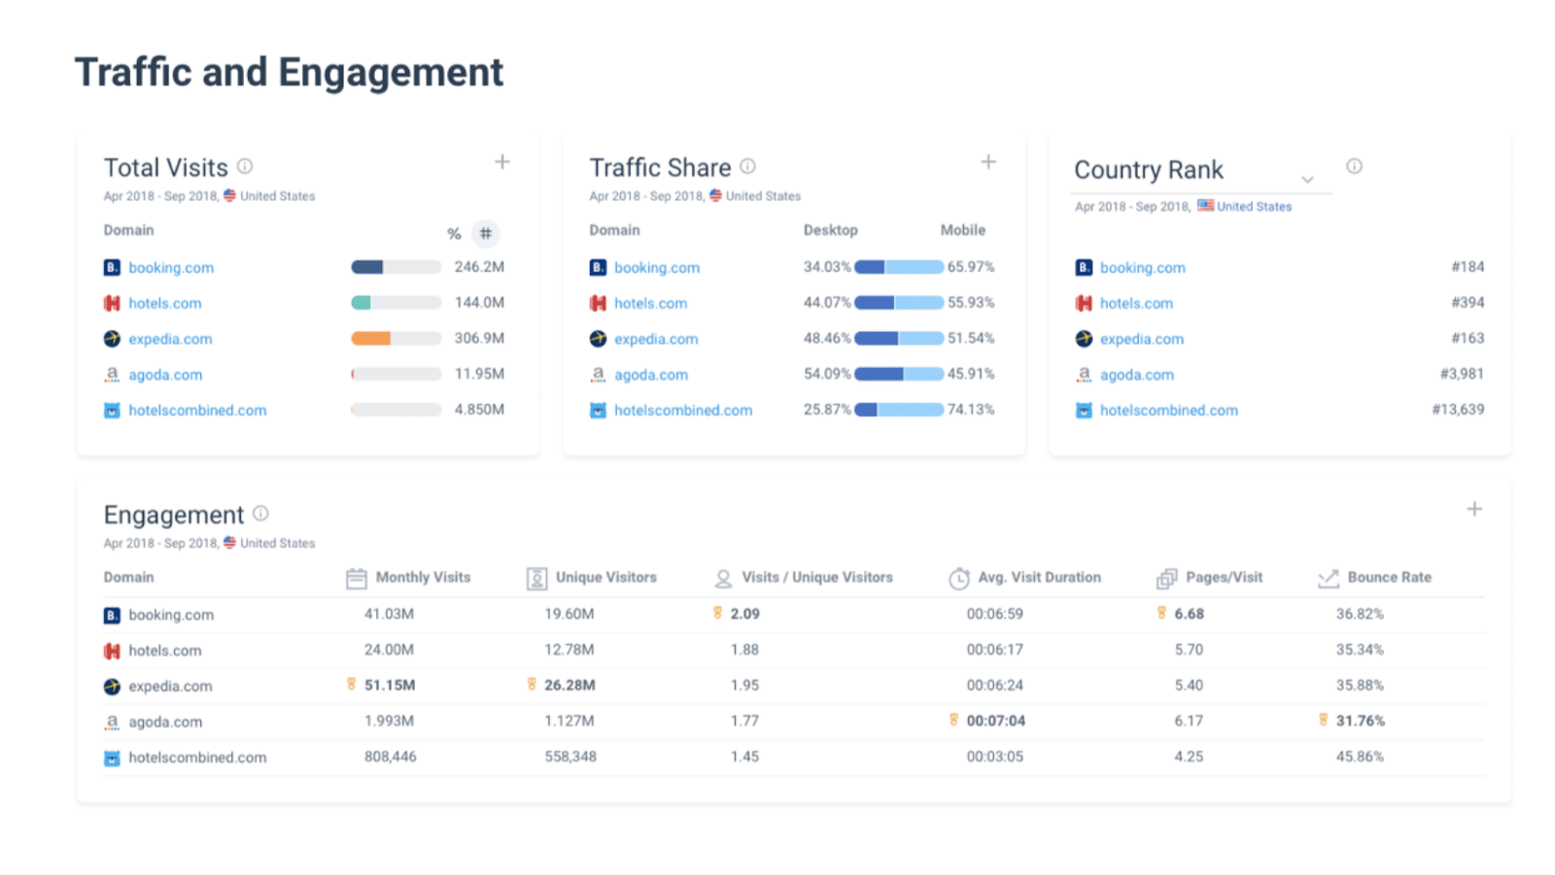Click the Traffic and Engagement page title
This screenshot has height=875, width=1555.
pos(289,73)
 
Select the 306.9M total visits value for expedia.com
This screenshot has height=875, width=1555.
pos(479,338)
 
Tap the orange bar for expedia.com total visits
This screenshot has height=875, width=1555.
pos(370,338)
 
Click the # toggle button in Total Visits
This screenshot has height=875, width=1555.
pos(485,233)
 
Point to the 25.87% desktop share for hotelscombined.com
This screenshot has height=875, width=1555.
pos(827,410)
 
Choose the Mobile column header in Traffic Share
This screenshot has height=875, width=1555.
pos(962,230)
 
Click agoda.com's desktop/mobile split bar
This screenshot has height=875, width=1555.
pos(898,374)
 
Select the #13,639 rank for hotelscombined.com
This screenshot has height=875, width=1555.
pos(1458,409)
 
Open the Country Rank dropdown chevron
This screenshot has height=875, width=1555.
pos(1307,180)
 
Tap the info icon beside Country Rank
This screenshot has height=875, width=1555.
pos(1354,166)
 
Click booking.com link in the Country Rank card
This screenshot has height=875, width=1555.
pos(1142,267)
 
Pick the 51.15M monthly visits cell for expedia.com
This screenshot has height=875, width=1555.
pos(389,685)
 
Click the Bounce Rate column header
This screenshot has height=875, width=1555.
pos(1389,577)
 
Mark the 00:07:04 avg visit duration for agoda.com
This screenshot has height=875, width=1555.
pos(995,721)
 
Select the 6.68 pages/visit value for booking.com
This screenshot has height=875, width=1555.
pos(1189,614)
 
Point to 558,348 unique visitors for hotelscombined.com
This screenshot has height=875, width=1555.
pos(570,757)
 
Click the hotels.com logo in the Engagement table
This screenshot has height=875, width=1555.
pos(112,651)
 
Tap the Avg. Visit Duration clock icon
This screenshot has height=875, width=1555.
pos(959,579)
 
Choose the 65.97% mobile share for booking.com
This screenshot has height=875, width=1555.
pos(971,266)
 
